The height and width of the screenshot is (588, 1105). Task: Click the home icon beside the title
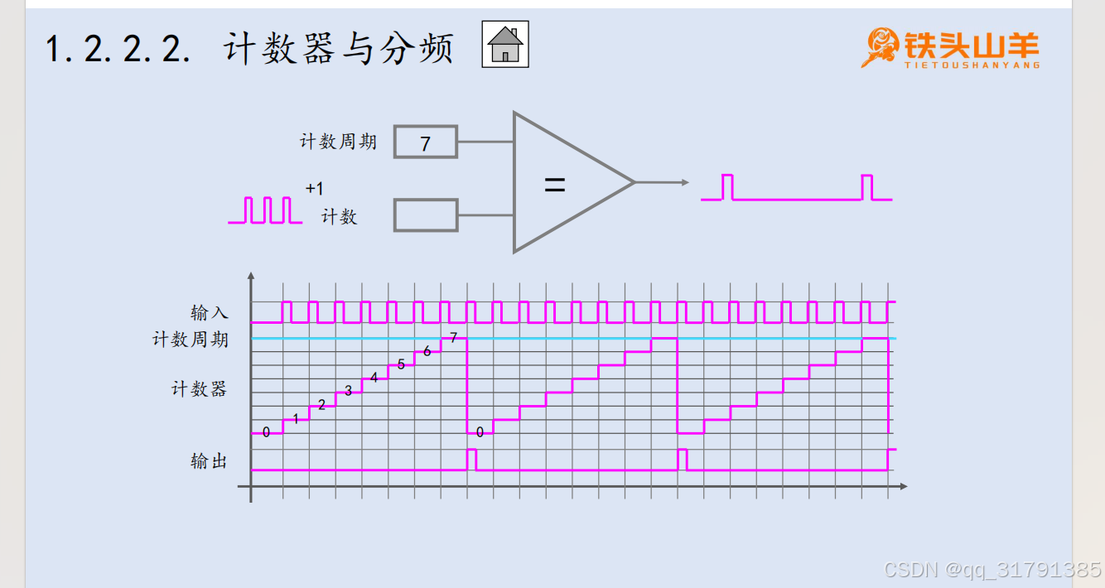(x=505, y=44)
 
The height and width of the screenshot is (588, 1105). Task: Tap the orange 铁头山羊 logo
(x=950, y=47)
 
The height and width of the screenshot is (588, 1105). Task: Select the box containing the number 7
(x=425, y=142)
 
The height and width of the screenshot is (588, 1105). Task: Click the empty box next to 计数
(x=426, y=215)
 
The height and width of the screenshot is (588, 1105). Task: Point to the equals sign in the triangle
(x=554, y=186)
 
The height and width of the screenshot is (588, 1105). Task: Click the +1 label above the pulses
(x=314, y=189)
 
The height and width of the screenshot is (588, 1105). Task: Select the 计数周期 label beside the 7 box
(x=338, y=142)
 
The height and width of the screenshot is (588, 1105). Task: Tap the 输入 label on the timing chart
(x=209, y=312)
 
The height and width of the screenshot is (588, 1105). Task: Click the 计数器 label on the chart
(x=199, y=388)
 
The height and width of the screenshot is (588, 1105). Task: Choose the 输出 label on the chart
(x=209, y=461)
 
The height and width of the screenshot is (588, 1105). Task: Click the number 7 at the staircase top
(x=453, y=337)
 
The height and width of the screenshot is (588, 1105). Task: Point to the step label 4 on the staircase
(x=374, y=378)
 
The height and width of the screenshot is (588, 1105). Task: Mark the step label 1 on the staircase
(x=296, y=419)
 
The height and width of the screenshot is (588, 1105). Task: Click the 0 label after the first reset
(x=480, y=432)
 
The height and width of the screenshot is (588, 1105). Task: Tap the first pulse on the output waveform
(x=471, y=459)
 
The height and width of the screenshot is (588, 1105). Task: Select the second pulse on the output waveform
(x=682, y=459)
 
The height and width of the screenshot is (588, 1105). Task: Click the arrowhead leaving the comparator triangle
(x=683, y=182)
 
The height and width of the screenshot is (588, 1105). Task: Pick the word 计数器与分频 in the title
(x=339, y=50)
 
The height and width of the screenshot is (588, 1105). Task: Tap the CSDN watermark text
(x=992, y=570)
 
